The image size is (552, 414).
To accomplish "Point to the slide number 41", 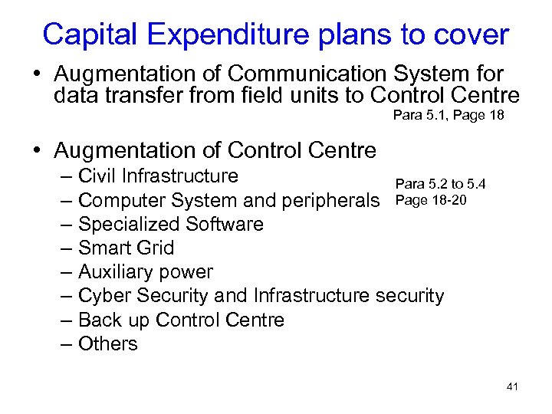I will tap(512, 386).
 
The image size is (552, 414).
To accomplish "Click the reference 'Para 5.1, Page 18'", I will tap(449, 116).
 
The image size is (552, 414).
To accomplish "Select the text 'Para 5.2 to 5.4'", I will tap(440, 184).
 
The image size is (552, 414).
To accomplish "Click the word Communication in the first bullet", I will tap(308, 74).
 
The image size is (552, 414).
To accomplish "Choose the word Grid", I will tap(156, 248).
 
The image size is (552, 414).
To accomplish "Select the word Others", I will tap(108, 343).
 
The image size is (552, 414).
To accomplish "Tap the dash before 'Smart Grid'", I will tap(67, 248).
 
